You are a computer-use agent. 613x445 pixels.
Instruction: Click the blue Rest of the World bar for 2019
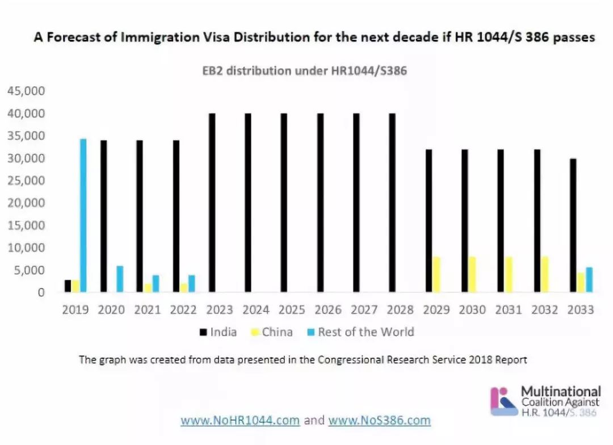tap(83, 216)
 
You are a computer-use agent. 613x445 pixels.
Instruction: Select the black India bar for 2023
tap(212, 203)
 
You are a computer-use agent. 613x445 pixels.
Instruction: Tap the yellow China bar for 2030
tap(472, 275)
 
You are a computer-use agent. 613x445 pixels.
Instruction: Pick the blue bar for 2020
tap(119, 279)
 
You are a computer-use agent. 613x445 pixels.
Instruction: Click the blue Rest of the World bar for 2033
tap(589, 280)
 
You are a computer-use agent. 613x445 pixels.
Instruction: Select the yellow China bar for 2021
tap(148, 288)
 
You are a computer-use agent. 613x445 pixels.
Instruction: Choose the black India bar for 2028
tap(392, 203)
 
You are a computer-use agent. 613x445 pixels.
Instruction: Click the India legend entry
tap(219, 332)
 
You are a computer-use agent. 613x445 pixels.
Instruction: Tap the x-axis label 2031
tap(509, 310)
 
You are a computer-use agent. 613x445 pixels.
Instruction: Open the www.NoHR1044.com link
tap(240, 421)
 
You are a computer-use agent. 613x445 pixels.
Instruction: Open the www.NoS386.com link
tap(379, 421)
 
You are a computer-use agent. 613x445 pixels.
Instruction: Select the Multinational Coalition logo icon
tap(503, 401)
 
